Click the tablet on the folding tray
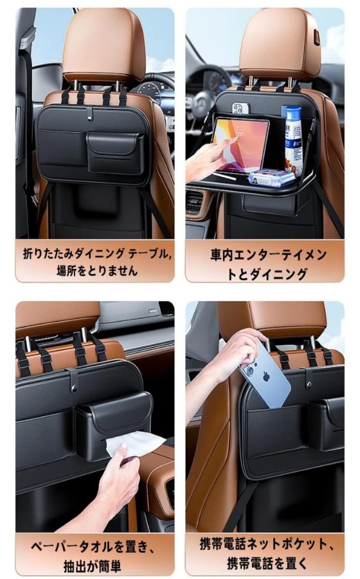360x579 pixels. [241, 145]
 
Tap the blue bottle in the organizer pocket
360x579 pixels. [293, 136]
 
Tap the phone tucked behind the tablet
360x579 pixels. [241, 109]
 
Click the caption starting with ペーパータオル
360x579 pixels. [92, 555]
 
